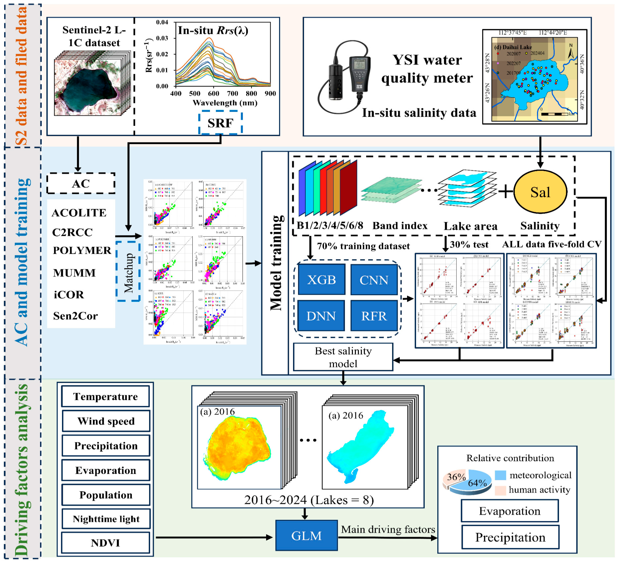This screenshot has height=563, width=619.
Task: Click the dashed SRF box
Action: [220, 123]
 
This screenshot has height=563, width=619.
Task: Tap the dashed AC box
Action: [81, 183]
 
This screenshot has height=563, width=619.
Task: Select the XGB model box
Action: [322, 280]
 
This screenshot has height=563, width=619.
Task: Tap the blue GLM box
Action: [306, 535]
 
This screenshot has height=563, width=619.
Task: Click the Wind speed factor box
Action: [106, 421]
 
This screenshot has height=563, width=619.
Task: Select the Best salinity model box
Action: [343, 357]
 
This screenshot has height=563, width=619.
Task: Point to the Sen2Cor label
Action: [75, 316]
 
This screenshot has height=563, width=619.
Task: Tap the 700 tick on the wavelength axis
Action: [232, 93]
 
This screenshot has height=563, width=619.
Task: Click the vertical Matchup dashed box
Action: [128, 272]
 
